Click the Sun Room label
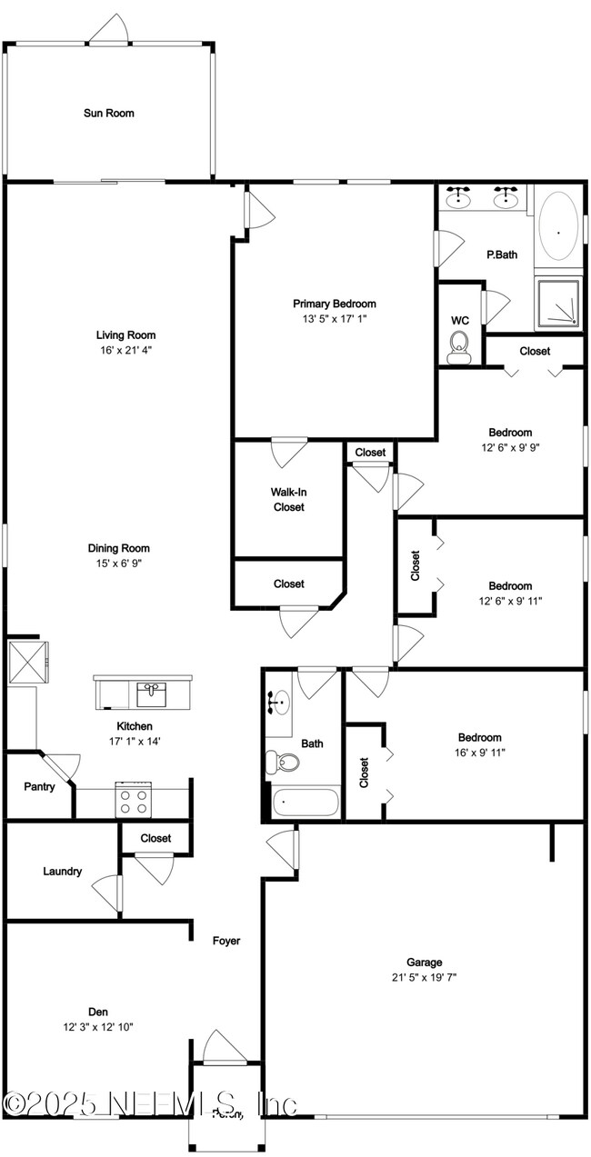[x=109, y=114]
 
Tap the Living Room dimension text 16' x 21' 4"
[x=126, y=350]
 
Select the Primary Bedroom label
[x=334, y=304]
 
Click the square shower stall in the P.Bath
[x=557, y=302]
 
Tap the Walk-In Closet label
[x=288, y=499]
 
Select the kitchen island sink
[x=152, y=694]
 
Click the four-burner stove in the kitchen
[x=134, y=801]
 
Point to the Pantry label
[x=39, y=787]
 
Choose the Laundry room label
[x=63, y=872]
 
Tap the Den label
[x=98, y=1012]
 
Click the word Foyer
[x=226, y=941]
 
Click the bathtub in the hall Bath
[x=306, y=803]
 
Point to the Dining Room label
[x=119, y=548]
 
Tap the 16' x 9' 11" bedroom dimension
[x=479, y=753]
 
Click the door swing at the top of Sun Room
[x=108, y=31]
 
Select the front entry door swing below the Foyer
[x=224, y=1047]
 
